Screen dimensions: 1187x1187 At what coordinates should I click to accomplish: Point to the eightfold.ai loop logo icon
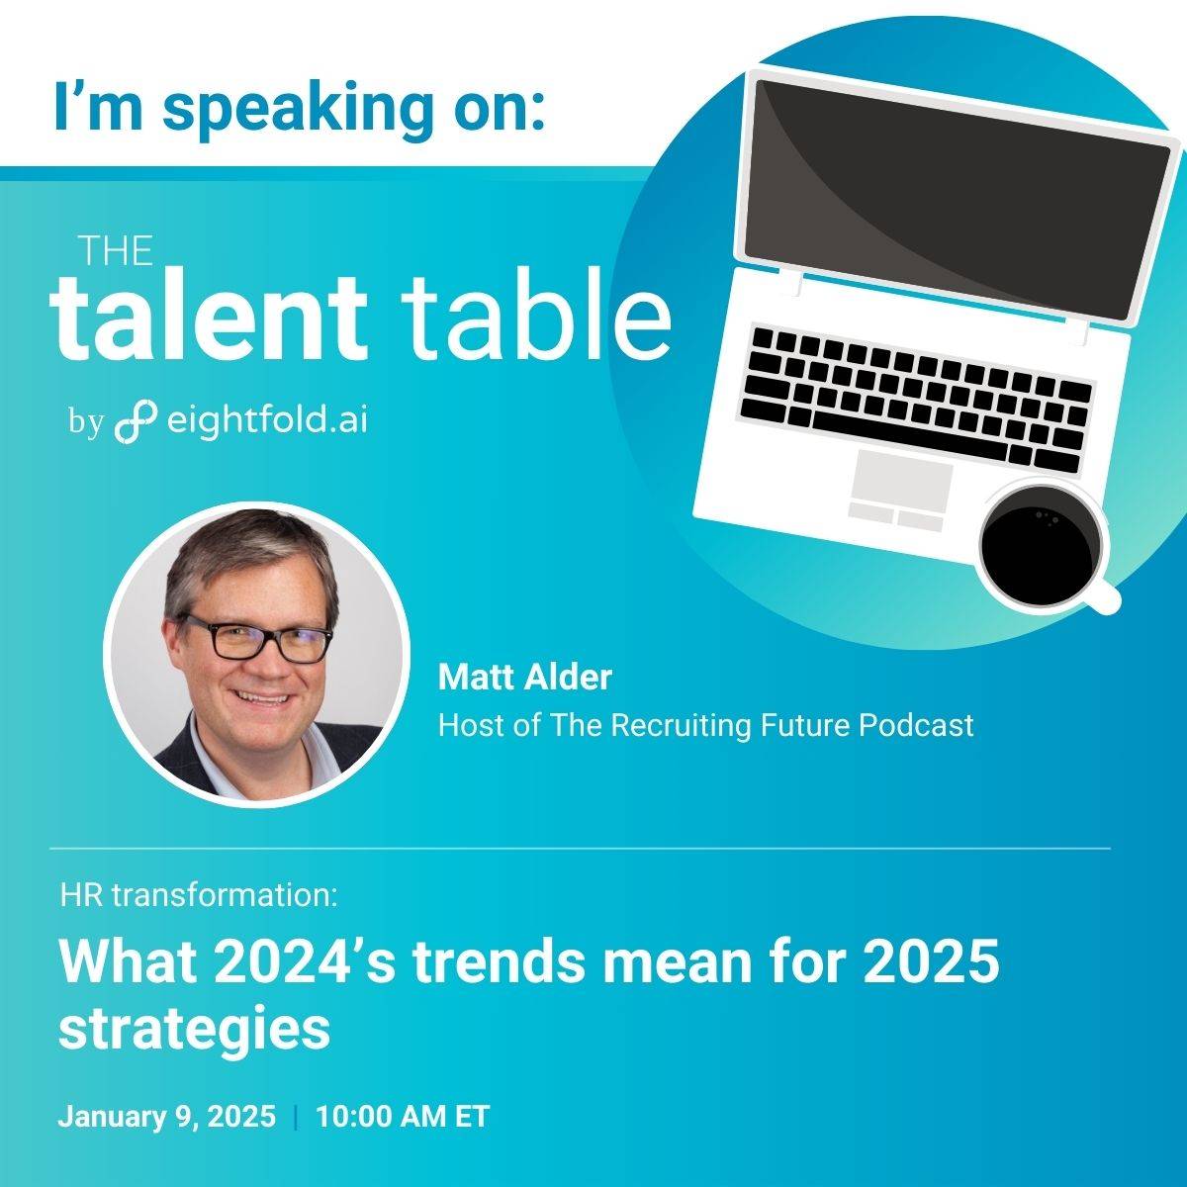136,422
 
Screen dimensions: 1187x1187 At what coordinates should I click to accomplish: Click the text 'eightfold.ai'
267,419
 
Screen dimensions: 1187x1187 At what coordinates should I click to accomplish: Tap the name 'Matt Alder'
525,677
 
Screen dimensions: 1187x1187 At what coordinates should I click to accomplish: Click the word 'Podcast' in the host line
917,725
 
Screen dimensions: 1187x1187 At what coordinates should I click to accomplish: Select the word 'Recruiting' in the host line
681,726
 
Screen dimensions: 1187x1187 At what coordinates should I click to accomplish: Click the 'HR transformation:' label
199,895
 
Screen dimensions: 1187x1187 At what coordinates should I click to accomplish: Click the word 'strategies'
194,1029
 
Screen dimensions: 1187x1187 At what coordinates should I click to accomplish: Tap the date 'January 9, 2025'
167,1116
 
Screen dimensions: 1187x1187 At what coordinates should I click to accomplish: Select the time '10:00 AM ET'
403,1116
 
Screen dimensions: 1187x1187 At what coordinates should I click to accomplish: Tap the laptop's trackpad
901,481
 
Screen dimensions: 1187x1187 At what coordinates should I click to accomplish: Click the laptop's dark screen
957,200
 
